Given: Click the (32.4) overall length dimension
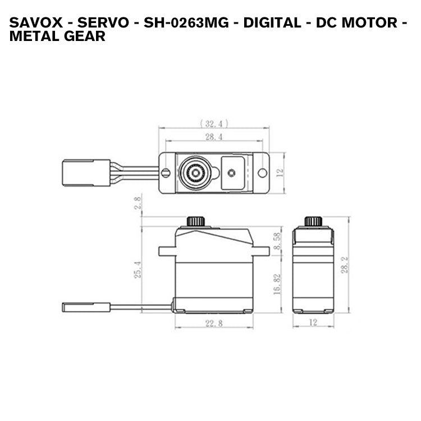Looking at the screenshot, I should [214, 123].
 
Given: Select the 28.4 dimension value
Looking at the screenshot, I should [214, 136].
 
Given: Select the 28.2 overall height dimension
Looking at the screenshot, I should [344, 264].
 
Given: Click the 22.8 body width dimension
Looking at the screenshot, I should [214, 323].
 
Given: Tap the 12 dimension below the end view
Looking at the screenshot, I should [313, 323].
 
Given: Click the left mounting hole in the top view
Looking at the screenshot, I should [166, 173].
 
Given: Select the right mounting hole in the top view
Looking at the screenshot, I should [262, 173].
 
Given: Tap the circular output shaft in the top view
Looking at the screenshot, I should [195, 173].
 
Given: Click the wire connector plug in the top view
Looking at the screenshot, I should [86, 173].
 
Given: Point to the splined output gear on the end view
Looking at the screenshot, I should [313, 221].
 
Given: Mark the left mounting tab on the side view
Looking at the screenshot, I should [167, 251].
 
